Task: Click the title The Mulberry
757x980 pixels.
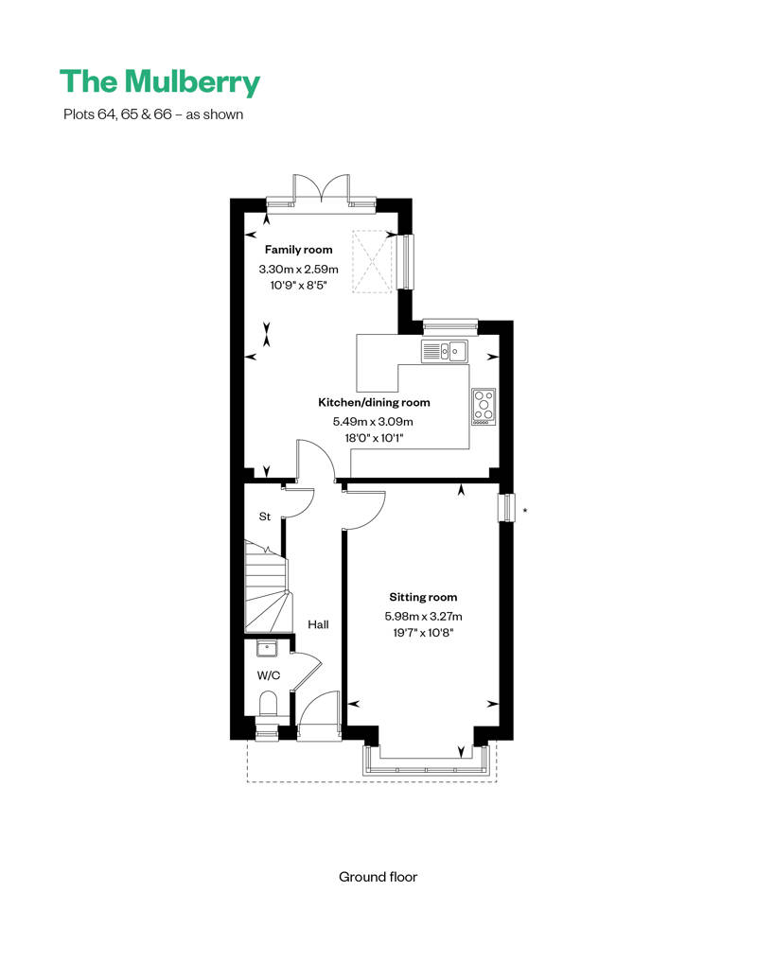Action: point(160,82)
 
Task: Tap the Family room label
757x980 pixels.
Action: point(298,250)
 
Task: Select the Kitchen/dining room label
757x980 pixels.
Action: point(374,403)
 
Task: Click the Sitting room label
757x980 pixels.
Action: point(423,597)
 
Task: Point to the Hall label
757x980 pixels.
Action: point(318,624)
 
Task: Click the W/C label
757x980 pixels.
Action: point(269,675)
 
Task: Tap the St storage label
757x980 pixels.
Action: point(264,516)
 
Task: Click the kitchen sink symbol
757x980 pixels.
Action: point(445,351)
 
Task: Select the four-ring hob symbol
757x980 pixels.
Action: point(484,407)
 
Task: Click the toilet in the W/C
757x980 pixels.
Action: point(268,705)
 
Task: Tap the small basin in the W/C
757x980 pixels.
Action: point(267,649)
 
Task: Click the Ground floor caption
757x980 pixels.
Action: point(378,877)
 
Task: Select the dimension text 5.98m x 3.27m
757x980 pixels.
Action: point(423,616)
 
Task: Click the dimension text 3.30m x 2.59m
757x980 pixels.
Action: point(298,270)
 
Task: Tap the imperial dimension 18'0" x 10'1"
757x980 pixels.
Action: point(374,437)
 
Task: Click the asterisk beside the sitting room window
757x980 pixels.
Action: point(525,511)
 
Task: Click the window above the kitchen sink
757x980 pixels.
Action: point(450,325)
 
